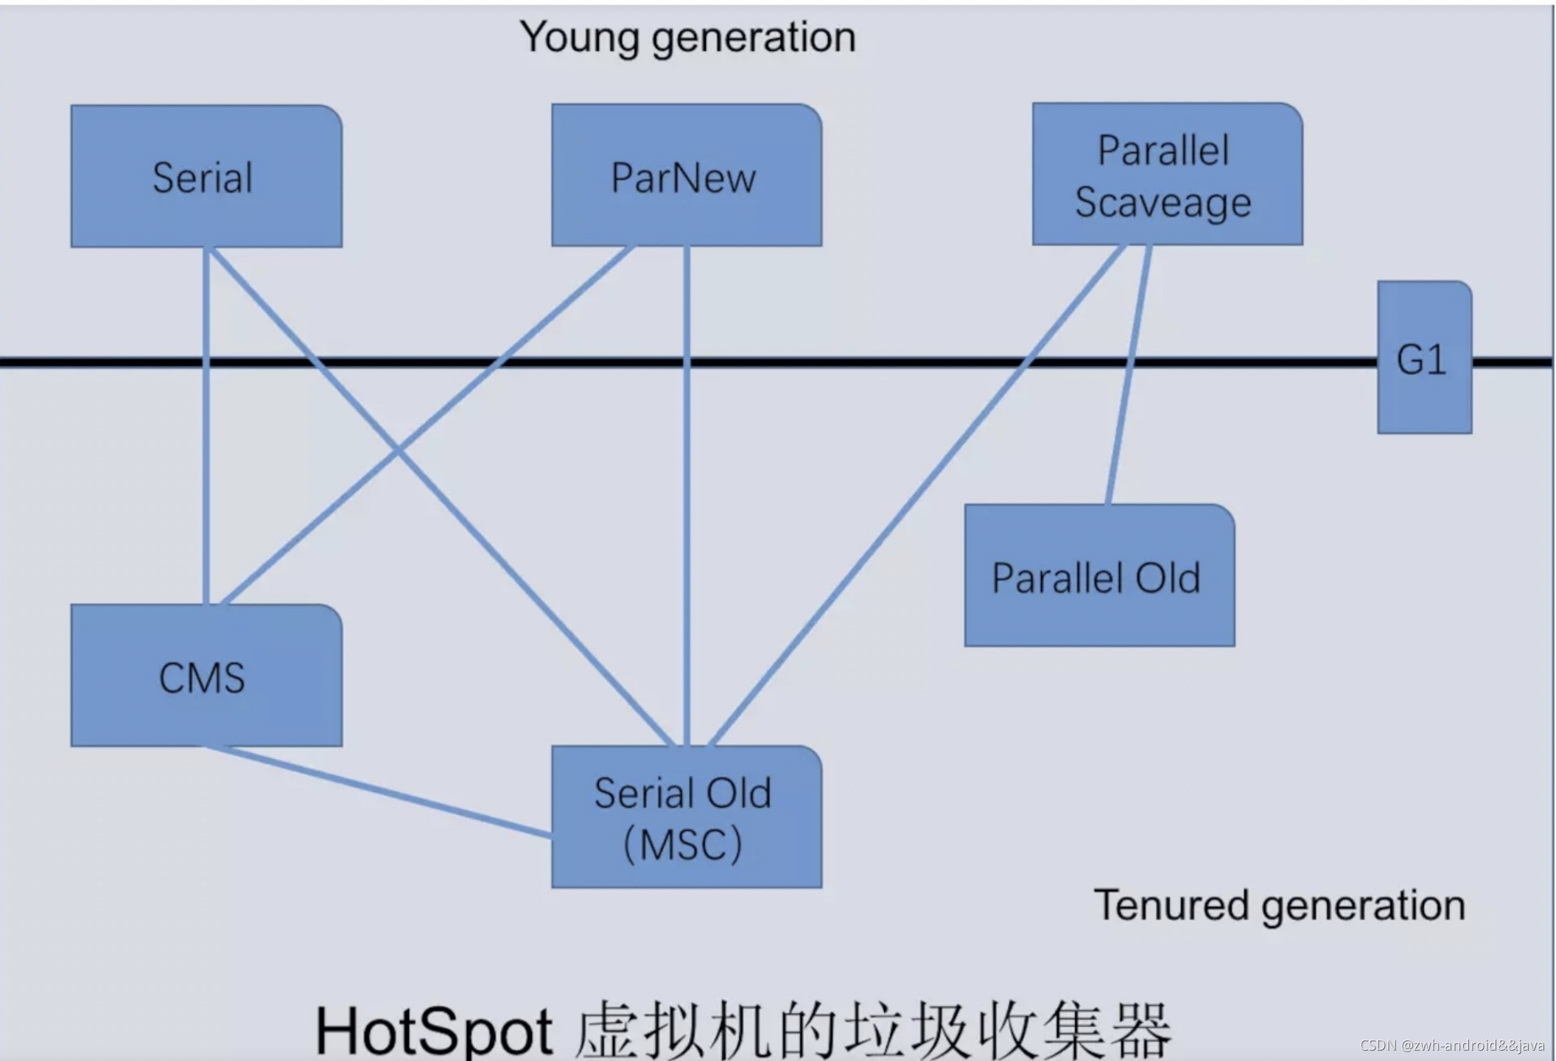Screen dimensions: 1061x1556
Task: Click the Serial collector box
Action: click(206, 176)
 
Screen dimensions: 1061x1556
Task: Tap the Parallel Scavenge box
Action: click(1167, 174)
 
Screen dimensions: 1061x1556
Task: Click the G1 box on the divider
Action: click(1424, 358)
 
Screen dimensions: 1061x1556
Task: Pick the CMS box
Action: click(206, 676)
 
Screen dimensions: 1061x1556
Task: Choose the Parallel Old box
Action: click(1099, 576)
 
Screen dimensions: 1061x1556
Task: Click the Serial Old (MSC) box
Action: click(686, 817)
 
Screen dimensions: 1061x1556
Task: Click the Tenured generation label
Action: click(1280, 905)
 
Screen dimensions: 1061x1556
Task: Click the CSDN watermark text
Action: click(1451, 1046)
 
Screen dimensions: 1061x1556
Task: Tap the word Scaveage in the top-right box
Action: click(1163, 203)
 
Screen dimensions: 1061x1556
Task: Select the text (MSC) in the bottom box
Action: click(683, 844)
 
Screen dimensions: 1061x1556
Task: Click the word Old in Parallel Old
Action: click(1168, 578)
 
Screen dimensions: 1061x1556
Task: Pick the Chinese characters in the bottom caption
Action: click(873, 1030)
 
